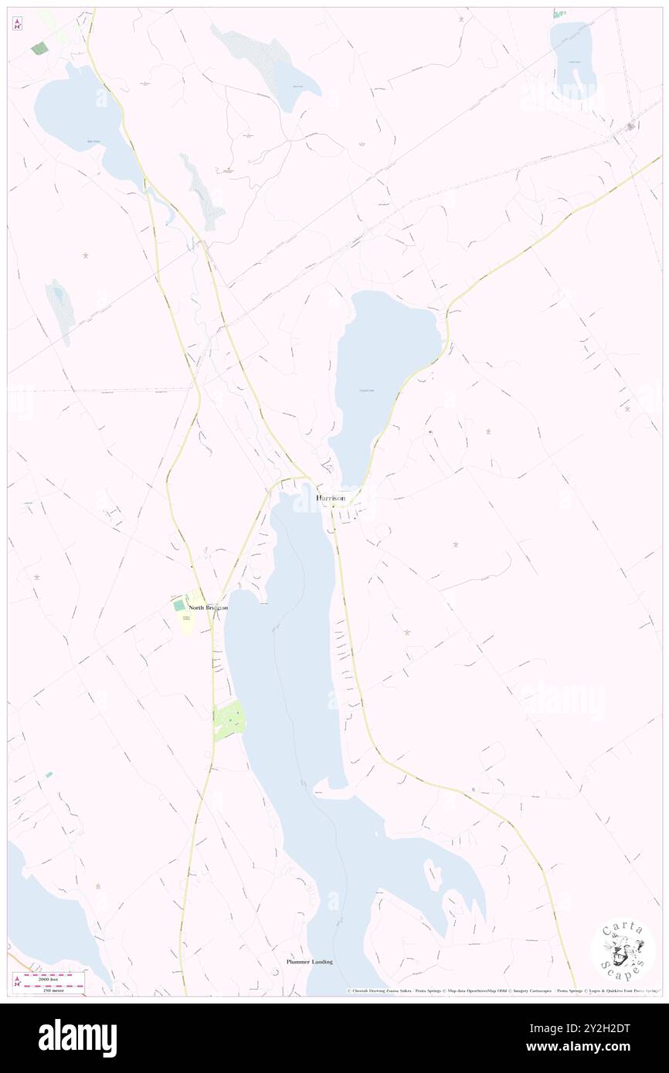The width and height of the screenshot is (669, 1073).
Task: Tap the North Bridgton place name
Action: coord(208,608)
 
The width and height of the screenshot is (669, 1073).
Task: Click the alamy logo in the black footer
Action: coord(77,1037)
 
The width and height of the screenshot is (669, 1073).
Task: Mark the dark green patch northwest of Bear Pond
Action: coord(39,48)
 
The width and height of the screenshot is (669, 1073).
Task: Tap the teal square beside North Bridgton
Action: coord(179,606)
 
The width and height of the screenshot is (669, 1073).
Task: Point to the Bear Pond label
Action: coord(93,141)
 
